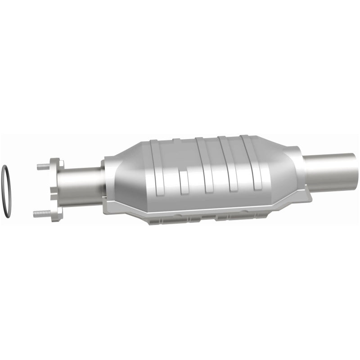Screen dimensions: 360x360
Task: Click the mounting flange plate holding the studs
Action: pyautogui.click(x=57, y=189)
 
